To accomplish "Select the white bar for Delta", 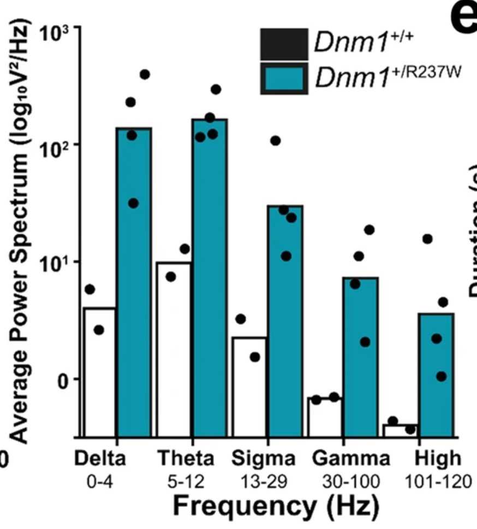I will pos(99,371).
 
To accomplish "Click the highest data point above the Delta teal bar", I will pos(145,74).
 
